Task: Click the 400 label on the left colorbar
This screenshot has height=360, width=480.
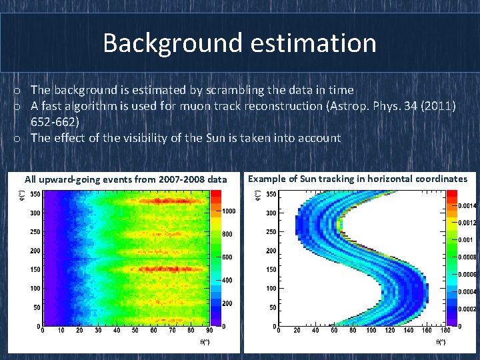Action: (x=228, y=280)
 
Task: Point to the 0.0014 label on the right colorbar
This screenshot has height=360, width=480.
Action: (x=467, y=206)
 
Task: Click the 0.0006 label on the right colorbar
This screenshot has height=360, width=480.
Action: (x=467, y=275)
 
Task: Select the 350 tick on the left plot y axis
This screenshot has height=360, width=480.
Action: (x=34, y=194)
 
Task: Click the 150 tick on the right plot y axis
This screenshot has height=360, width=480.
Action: (x=271, y=269)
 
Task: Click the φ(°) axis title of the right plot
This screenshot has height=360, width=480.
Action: (x=259, y=194)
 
